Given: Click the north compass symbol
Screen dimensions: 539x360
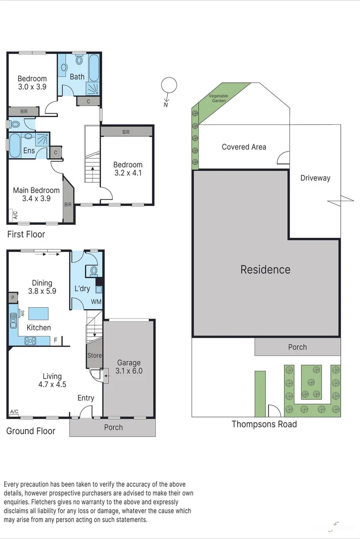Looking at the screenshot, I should click(x=169, y=85).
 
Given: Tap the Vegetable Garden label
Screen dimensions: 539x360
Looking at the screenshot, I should click(x=218, y=98).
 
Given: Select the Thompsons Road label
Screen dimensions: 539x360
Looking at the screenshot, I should click(x=264, y=424).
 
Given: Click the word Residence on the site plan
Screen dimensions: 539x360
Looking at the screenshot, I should click(x=265, y=269).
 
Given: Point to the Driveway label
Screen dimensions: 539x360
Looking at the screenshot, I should click(x=315, y=178).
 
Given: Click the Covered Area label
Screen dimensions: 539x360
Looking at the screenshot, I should click(x=244, y=147).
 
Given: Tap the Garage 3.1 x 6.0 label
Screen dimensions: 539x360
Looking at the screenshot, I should click(x=129, y=366).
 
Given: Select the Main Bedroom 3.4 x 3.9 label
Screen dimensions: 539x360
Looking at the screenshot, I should click(x=36, y=194).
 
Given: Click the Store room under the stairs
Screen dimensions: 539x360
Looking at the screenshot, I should click(x=95, y=355).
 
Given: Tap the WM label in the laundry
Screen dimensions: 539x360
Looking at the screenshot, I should click(x=96, y=302).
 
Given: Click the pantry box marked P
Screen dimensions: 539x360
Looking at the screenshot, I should click(x=12, y=299).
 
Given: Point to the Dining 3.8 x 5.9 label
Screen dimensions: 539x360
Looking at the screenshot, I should click(x=41, y=287).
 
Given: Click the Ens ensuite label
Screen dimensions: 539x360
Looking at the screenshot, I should click(x=29, y=151).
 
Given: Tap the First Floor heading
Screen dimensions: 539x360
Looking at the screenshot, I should click(x=26, y=234).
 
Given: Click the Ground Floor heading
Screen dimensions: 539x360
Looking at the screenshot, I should click(x=30, y=431).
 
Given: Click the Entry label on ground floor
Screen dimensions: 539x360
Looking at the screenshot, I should click(x=85, y=398).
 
